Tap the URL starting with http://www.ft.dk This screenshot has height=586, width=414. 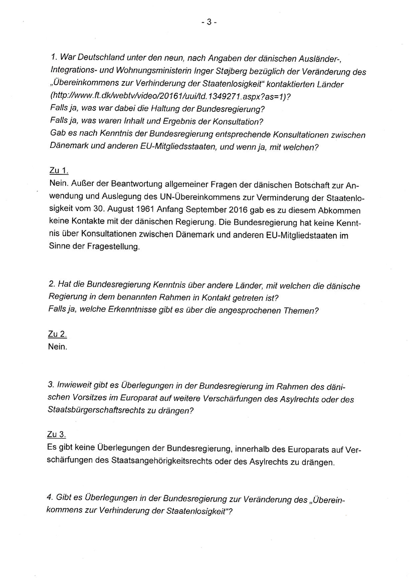coord(170,97)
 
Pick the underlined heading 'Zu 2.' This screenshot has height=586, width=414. coord(59,334)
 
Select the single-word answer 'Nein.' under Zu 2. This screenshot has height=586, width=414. coord(58,346)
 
